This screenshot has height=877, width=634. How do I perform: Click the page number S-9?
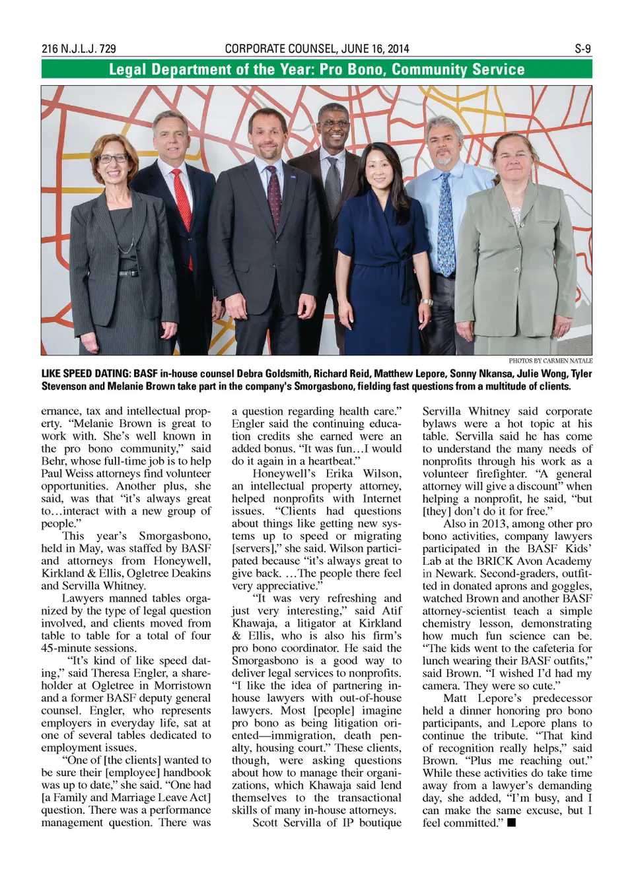[x=582, y=49]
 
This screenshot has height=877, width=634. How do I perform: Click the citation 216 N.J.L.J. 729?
[x=79, y=49]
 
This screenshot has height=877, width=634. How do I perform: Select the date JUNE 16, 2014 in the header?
[x=374, y=49]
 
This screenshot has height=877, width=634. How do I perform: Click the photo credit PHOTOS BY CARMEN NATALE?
[x=550, y=361]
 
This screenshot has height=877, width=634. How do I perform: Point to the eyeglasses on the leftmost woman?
[x=112, y=158]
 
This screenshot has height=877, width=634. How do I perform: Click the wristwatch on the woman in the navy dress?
[x=427, y=302]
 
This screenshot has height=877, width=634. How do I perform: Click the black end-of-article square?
[x=511, y=822]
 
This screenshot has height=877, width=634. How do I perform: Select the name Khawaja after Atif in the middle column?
[x=254, y=623]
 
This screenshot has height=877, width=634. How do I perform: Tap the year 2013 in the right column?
[x=495, y=523]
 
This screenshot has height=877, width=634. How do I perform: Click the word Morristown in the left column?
[x=183, y=685]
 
